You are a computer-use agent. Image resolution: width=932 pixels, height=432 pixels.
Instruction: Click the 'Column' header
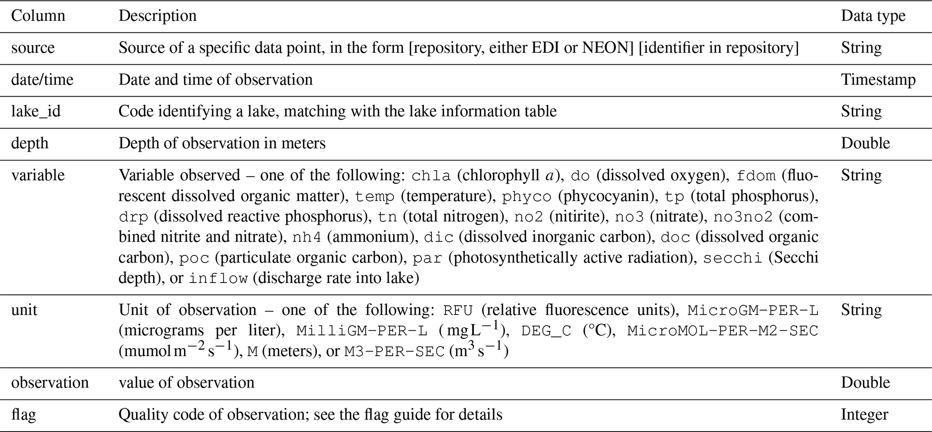pos(38,16)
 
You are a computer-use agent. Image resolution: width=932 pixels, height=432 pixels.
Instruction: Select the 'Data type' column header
pos(873,16)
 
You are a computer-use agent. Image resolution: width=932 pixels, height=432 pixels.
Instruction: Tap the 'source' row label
pos(32,48)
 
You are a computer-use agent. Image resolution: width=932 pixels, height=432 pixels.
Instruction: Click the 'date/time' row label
pos(42,79)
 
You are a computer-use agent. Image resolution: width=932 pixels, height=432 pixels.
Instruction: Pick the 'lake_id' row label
pos(36,111)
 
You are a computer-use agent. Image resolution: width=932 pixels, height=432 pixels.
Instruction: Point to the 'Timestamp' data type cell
pos(878,79)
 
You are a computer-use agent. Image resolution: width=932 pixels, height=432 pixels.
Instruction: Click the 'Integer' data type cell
pos(864,414)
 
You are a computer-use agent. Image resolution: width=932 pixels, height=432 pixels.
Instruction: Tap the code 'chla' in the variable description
pos(431,176)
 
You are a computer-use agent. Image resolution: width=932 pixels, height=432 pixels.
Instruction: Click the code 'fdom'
pos(756,176)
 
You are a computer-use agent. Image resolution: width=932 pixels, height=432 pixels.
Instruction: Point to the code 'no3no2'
pos(743,217)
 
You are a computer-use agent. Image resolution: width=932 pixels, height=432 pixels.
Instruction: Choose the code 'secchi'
pos(733,258)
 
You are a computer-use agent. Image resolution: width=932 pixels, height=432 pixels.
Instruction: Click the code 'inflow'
pos(218,279)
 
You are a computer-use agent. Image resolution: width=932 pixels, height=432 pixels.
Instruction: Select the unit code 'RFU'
pos(458,311)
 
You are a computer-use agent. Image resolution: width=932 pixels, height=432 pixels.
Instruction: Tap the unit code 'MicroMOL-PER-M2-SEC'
pos(722,331)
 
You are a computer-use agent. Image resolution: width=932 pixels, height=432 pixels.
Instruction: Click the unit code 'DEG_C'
pos(546,331)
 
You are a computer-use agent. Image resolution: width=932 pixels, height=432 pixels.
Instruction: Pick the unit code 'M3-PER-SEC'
pos(395,352)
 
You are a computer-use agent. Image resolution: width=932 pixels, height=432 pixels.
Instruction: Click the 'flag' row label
pos(23,414)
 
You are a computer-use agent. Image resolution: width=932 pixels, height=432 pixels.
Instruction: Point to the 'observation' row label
pos(50,383)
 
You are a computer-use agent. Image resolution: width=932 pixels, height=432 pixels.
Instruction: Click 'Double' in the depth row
pos(865,143)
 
